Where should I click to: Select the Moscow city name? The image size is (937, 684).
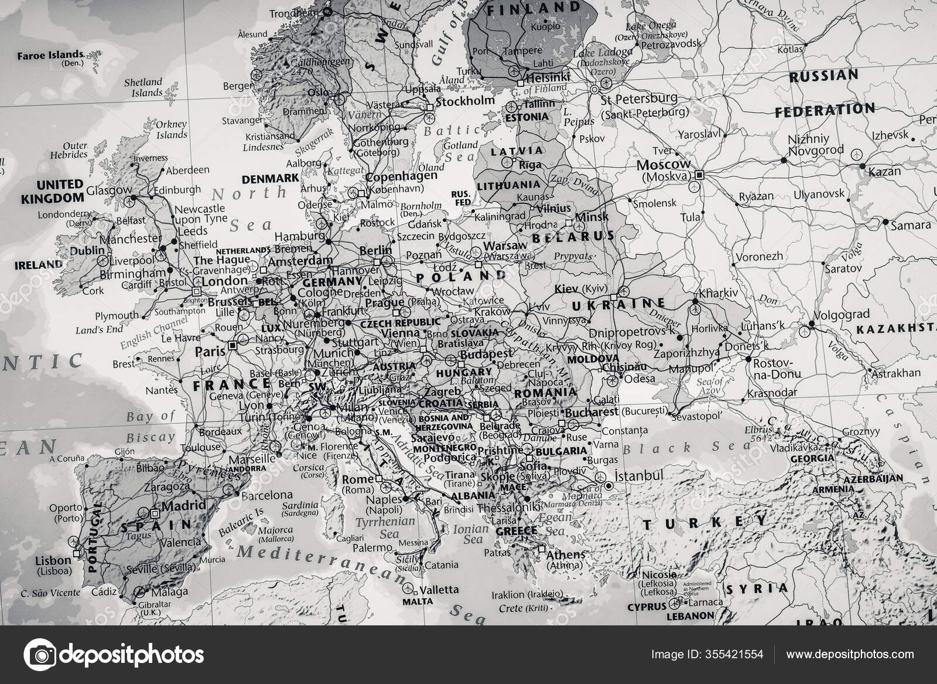click(x=663, y=165)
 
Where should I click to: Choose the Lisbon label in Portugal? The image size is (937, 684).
click(x=53, y=560)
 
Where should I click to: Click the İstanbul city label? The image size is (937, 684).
click(x=638, y=475)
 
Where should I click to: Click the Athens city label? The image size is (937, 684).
click(x=565, y=554)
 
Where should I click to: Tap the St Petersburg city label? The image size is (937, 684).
click(x=639, y=98)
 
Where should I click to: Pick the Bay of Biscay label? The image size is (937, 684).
click(x=151, y=426)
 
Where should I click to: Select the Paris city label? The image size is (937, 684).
click(x=210, y=352)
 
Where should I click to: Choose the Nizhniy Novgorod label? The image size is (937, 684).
click(x=816, y=145)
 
